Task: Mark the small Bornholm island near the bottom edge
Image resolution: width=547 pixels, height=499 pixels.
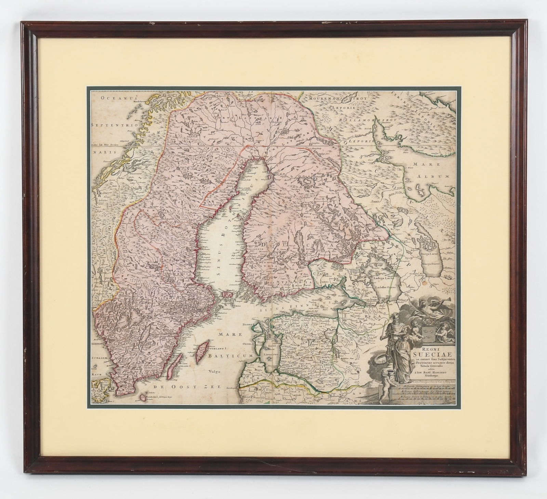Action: [141, 397]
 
